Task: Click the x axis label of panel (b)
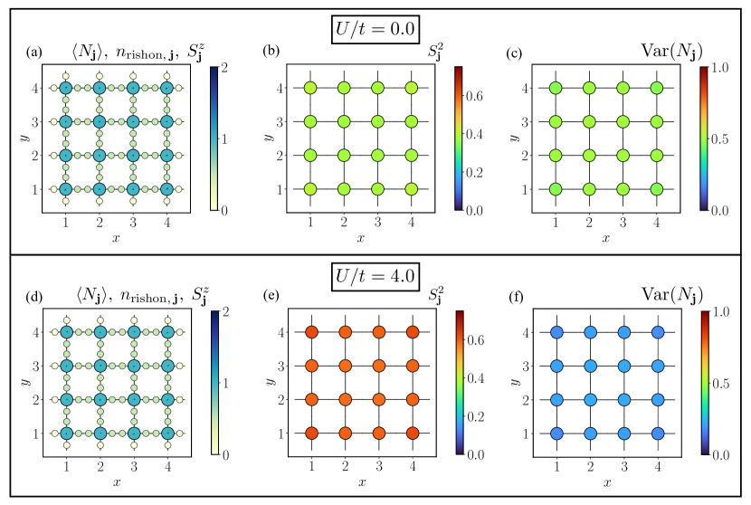(360, 239)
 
